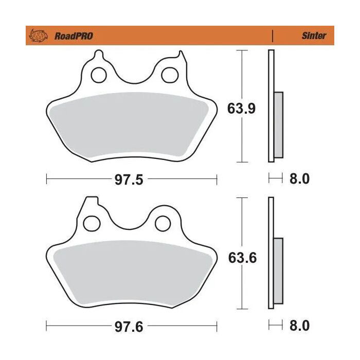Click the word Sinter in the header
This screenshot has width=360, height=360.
pyautogui.click(x=314, y=36)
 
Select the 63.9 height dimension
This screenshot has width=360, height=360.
pyautogui.click(x=241, y=109)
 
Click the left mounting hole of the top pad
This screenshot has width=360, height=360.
pyautogui.click(x=98, y=75)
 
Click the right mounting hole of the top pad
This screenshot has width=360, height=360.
pyautogui.click(x=168, y=75)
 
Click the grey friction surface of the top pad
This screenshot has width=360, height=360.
pyautogui.click(x=131, y=123)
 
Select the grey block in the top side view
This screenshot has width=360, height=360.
pyautogui.click(x=278, y=125)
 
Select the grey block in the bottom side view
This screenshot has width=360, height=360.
pyautogui.click(x=278, y=271)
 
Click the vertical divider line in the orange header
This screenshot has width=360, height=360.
pyautogui.click(x=272, y=36)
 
